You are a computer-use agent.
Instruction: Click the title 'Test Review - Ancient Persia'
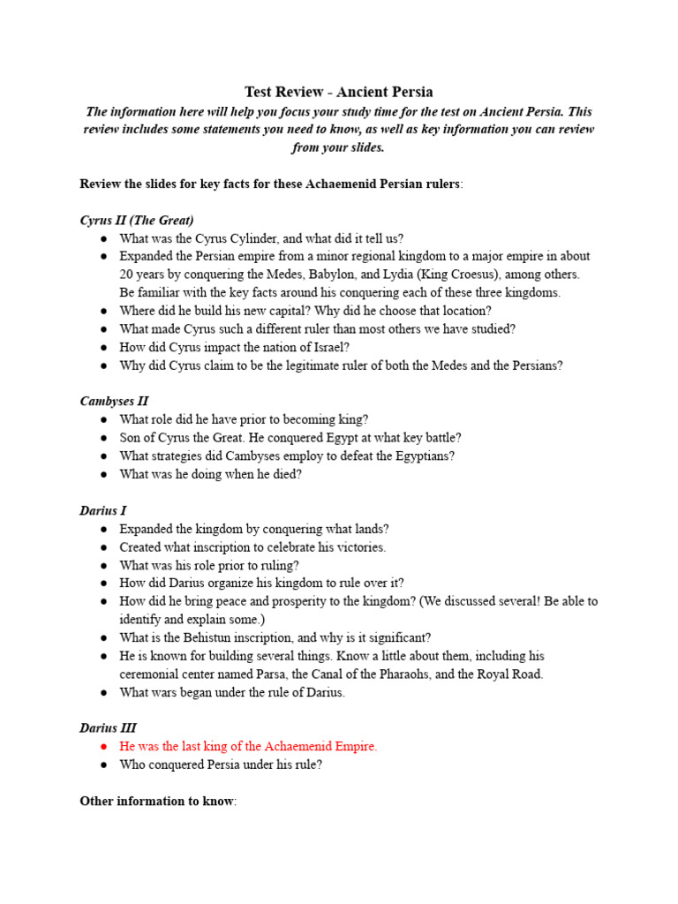(x=339, y=92)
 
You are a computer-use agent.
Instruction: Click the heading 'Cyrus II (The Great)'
(x=137, y=220)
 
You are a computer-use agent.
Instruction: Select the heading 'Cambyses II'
(x=114, y=401)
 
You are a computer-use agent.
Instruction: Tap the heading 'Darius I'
(x=104, y=510)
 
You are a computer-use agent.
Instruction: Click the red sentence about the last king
(x=248, y=746)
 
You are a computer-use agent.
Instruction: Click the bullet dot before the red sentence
(x=104, y=746)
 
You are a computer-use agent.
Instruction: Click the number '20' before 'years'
(x=126, y=275)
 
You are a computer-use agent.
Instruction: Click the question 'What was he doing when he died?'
(x=210, y=474)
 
